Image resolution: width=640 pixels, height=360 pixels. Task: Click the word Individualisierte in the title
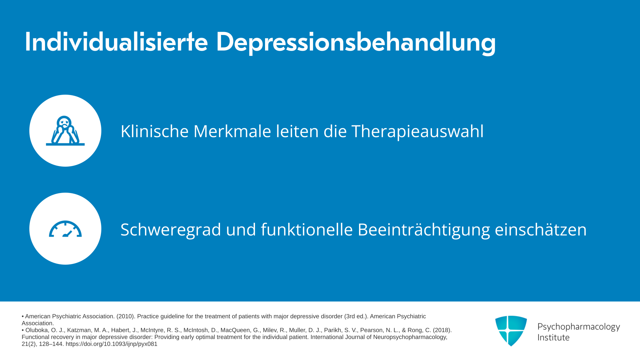(116, 42)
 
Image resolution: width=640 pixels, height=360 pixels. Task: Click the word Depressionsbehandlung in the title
(356, 43)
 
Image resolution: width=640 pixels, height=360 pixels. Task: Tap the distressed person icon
(65, 131)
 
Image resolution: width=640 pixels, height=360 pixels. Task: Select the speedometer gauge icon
(65, 229)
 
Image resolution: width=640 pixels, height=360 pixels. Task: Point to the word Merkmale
(232, 131)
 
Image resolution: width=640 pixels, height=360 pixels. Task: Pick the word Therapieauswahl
(417, 132)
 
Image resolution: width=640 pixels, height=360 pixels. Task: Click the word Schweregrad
(171, 230)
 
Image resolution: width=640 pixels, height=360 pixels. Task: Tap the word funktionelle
(307, 229)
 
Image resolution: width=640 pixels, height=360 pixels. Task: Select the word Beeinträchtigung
(424, 230)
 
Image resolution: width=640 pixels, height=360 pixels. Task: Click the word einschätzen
(541, 229)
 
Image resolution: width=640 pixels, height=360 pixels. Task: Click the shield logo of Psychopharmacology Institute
(511, 331)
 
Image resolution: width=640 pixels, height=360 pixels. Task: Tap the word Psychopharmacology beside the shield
(579, 327)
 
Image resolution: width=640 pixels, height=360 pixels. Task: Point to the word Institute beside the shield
(553, 338)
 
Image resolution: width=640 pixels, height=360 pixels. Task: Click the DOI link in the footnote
(111, 344)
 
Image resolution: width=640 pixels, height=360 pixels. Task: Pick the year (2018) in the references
(442, 330)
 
